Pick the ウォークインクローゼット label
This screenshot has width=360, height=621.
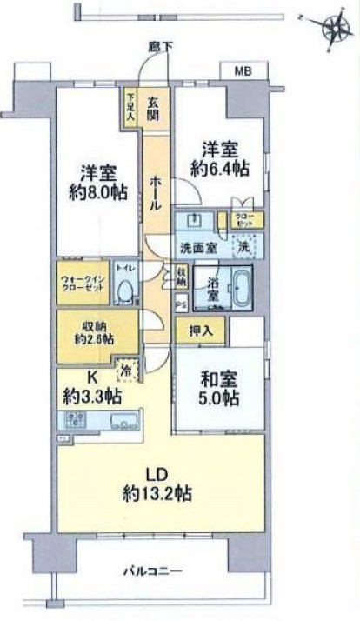[83, 284]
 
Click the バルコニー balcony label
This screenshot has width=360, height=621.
[153, 572]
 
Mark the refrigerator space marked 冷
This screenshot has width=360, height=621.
[127, 370]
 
